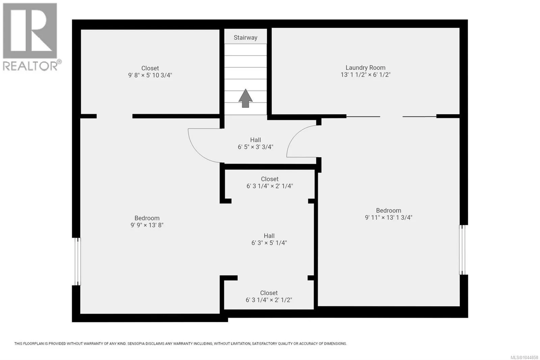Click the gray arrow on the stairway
[x=245, y=99]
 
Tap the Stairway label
[x=245, y=37]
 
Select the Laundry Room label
[x=366, y=68]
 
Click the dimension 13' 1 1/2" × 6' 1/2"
[x=366, y=75]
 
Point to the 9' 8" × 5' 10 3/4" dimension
[x=150, y=75]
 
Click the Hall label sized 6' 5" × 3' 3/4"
[x=255, y=140]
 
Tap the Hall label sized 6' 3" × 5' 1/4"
[x=269, y=236]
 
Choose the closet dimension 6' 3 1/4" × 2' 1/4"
[x=270, y=186]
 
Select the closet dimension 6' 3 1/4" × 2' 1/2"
[x=269, y=300]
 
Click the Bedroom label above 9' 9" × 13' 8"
[x=147, y=218]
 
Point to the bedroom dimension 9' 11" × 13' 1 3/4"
[x=388, y=217]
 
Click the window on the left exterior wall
[x=77, y=261]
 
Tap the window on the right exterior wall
[x=462, y=250]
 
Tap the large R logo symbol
[x=30, y=31]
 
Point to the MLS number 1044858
[x=524, y=357]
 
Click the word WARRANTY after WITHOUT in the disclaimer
[x=93, y=343]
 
